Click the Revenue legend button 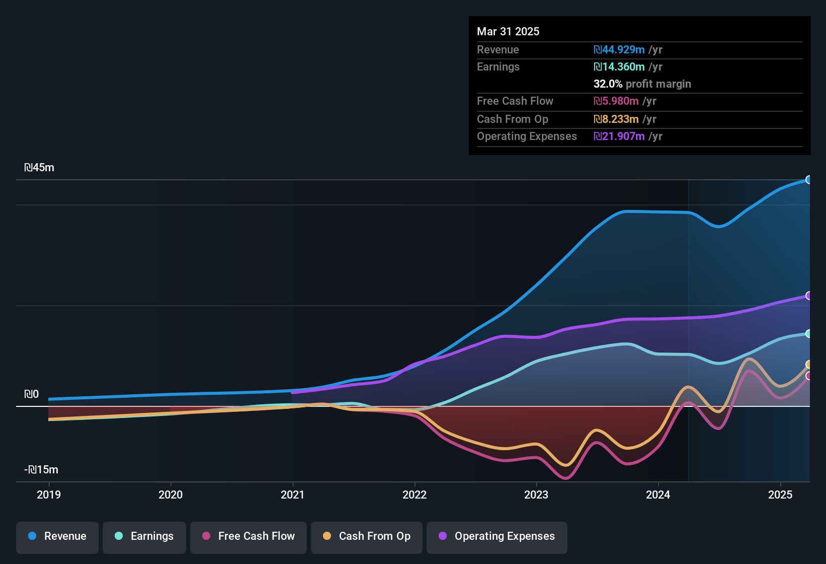click(x=57, y=536)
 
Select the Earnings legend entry click(x=144, y=536)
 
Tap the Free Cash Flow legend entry click(x=249, y=536)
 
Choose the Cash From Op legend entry click(x=367, y=536)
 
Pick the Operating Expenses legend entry click(x=497, y=536)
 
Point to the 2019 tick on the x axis click(x=49, y=495)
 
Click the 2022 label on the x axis click(x=415, y=495)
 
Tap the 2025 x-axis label click(x=780, y=495)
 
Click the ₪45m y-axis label click(x=39, y=168)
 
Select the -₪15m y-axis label click(x=41, y=470)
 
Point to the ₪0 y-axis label click(x=32, y=394)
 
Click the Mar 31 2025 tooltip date click(x=508, y=32)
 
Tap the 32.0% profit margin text click(x=642, y=84)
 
